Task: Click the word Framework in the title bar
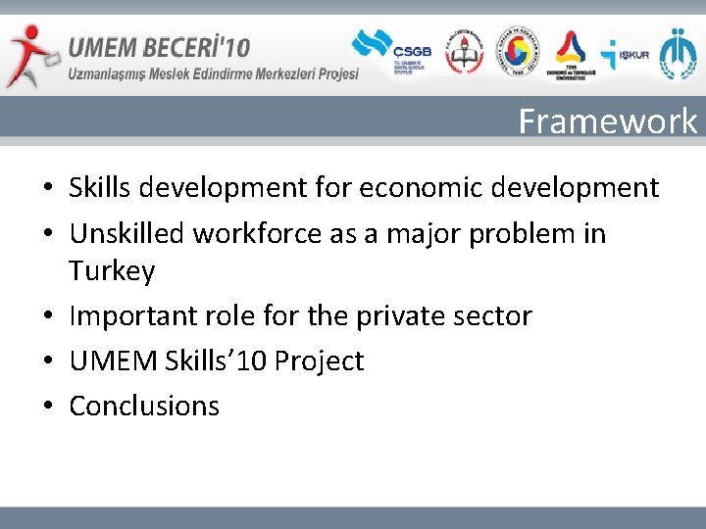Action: point(607,121)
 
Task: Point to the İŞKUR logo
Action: point(624,54)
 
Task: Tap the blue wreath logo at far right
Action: point(678,53)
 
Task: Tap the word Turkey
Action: point(112,271)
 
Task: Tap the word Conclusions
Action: point(144,406)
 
